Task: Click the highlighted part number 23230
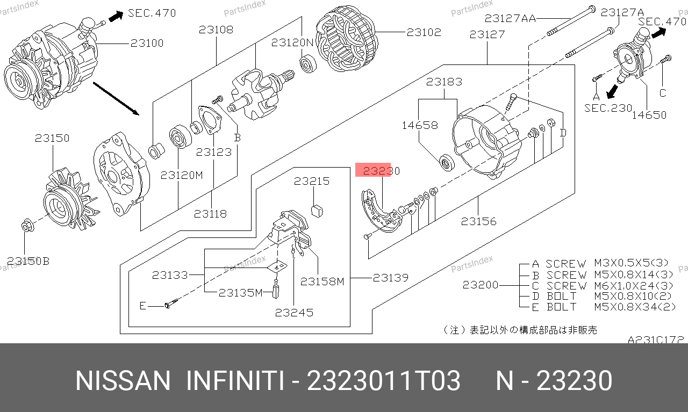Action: tap(381, 171)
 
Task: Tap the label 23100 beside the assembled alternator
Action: tap(147, 43)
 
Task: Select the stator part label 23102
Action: tap(424, 32)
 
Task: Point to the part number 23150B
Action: tap(28, 261)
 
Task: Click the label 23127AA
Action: tap(510, 19)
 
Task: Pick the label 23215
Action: tap(312, 181)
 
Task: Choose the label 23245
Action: tap(294, 313)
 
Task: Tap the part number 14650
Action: tap(649, 115)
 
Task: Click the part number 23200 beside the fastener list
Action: tap(481, 285)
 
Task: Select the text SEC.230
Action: tap(608, 108)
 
